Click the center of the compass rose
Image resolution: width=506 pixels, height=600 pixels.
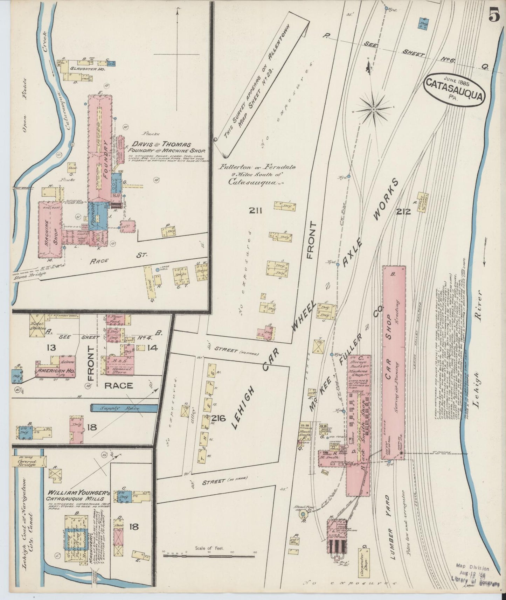(x=374, y=110)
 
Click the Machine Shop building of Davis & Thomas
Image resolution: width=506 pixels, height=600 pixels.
(x=50, y=229)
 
